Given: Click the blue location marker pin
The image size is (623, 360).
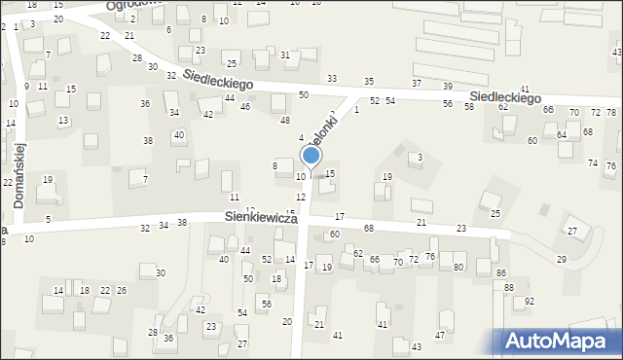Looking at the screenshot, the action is tap(311, 156).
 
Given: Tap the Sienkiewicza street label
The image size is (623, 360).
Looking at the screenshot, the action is tap(260, 219).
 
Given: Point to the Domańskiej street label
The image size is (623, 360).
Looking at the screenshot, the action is tap(18, 175).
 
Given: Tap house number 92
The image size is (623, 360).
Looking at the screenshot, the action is tap(530, 302).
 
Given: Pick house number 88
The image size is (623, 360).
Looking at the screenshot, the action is tap(508, 288).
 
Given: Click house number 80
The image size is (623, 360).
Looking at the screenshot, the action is tap(458, 267).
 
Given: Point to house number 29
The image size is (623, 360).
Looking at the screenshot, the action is tap(561, 259).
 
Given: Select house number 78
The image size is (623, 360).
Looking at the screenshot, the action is tap(610, 113).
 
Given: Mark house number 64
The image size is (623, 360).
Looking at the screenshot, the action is tap(561, 135).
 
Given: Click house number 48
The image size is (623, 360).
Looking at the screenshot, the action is tap(285, 121).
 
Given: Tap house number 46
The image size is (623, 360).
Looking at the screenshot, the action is tap(245, 106).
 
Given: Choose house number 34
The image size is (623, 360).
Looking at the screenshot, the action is tap(174, 113).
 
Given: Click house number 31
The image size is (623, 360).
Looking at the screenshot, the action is tap(285, 55).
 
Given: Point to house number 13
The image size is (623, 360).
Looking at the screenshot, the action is tap(63, 121).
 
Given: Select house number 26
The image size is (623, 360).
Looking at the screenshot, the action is tap(122, 291).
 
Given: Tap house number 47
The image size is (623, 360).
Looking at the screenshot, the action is tap(440, 336).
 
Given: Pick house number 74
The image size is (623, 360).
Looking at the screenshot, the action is tap(592, 162).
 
